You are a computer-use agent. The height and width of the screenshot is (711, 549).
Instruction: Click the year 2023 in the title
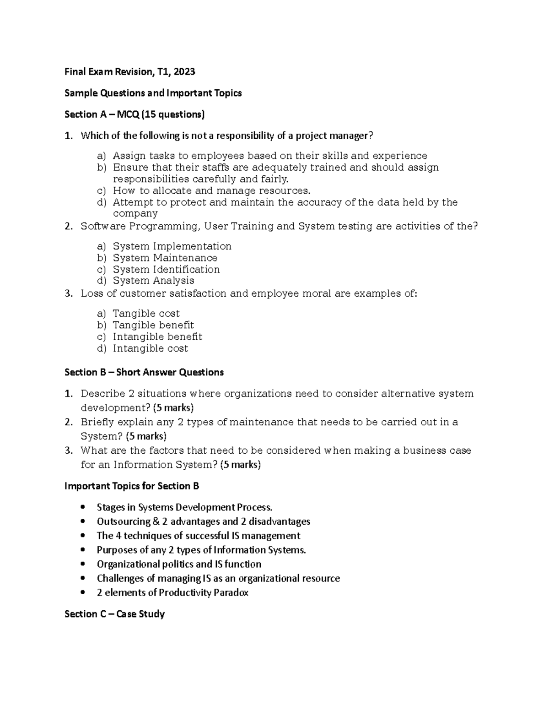[184, 71]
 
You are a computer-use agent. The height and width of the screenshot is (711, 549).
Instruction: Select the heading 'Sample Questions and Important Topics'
[153, 93]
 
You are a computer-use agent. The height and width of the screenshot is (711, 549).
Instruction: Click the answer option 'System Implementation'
[172, 246]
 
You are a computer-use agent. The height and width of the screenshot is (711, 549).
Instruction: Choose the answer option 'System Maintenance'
[165, 258]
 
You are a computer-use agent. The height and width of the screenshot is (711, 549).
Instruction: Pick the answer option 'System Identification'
[166, 269]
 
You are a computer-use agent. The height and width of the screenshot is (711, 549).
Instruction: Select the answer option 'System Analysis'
[153, 281]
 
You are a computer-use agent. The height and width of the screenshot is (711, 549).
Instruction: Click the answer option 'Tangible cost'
[146, 314]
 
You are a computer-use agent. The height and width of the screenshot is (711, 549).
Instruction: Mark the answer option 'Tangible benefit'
[153, 325]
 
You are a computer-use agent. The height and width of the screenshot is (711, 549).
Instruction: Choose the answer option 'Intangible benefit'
[157, 337]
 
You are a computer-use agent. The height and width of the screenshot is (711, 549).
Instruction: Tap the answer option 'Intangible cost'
[150, 348]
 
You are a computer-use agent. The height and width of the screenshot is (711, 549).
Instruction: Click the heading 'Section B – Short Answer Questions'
[144, 372]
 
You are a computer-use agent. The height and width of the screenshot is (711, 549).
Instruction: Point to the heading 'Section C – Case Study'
[114, 614]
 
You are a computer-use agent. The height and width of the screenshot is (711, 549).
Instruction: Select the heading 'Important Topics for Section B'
[132, 486]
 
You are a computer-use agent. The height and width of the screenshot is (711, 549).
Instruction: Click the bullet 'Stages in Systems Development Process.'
[184, 507]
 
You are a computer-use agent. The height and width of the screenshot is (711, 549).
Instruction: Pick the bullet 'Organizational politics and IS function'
[179, 564]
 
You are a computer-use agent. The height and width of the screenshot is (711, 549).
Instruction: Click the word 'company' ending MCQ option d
[135, 214]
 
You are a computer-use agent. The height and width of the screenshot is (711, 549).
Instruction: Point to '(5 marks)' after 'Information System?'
[240, 465]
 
